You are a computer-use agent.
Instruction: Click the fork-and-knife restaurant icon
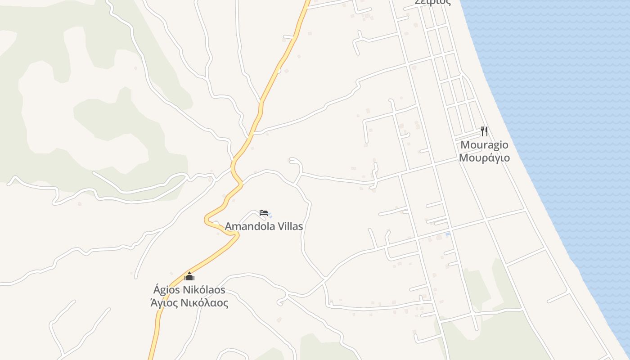click(484, 131)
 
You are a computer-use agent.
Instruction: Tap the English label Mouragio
click(484, 145)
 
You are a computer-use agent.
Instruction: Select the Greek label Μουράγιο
click(484, 158)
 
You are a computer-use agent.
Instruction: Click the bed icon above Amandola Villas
click(264, 213)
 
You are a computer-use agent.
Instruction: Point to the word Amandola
click(248, 226)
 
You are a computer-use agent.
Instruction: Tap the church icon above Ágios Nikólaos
click(189, 276)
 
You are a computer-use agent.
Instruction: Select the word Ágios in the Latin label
click(167, 290)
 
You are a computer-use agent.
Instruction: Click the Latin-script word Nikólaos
click(204, 290)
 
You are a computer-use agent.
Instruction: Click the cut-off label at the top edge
click(432, 2)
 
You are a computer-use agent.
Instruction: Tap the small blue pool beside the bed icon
click(270, 216)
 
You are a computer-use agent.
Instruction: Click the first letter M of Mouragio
click(465, 145)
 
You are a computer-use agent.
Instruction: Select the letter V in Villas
click(278, 226)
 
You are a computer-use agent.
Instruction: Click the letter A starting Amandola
click(228, 226)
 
